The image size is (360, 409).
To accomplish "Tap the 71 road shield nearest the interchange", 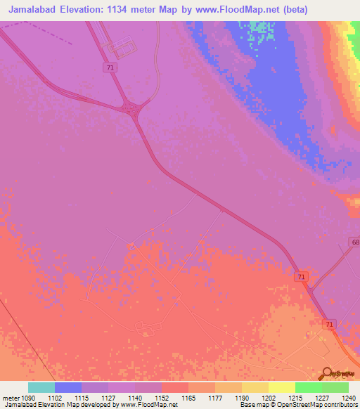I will pos(109,67).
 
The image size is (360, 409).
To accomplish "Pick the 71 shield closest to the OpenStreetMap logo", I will pos(329,324).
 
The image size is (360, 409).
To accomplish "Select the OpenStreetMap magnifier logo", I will pos(328,373).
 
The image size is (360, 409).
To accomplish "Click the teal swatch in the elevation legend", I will pos(41,387).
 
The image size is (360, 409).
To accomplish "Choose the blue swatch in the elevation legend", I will pos(68,387).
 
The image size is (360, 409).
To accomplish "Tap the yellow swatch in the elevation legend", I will pos(282,387).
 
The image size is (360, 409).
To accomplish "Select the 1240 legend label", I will pos(349,398).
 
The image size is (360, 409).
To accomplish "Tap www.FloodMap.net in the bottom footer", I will pos(148,405).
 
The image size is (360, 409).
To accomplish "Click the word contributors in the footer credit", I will pos(340,405).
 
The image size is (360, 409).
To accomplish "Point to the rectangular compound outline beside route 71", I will pos(119,48).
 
